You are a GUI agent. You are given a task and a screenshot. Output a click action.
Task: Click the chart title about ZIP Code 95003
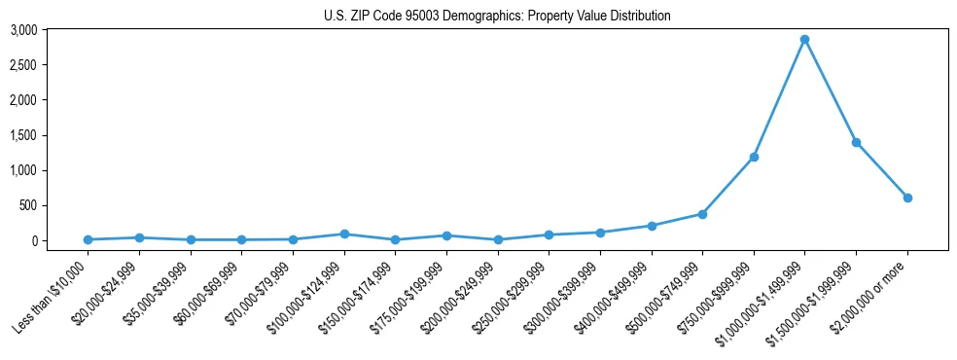pyautogui.click(x=497, y=16)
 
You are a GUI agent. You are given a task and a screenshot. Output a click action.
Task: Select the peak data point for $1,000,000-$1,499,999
pyautogui.click(x=804, y=40)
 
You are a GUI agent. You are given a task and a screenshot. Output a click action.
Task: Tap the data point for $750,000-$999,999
pyautogui.click(x=754, y=157)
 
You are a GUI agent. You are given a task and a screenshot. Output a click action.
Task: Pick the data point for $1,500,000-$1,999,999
pyautogui.click(x=856, y=142)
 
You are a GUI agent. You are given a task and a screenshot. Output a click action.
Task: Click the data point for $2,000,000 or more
pyautogui.click(x=907, y=198)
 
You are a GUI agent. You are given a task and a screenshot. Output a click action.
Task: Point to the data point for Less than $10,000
pyautogui.click(x=88, y=239)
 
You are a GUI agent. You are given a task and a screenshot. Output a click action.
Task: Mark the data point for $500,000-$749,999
pyautogui.click(x=702, y=214)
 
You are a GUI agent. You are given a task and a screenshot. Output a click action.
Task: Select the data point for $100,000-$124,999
pyautogui.click(x=344, y=234)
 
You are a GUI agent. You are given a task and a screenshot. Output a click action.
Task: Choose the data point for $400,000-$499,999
pyautogui.click(x=652, y=226)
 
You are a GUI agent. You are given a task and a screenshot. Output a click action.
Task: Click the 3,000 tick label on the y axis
pyautogui.click(x=23, y=30)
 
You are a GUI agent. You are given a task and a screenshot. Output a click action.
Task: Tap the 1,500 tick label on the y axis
pyautogui.click(x=23, y=135)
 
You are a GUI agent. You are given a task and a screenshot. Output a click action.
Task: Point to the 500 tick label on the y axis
pyautogui.click(x=27, y=205)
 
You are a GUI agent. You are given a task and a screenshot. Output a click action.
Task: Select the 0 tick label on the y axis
pyautogui.click(x=33, y=240)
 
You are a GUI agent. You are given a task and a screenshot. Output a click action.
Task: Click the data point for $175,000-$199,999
pyautogui.click(x=446, y=235)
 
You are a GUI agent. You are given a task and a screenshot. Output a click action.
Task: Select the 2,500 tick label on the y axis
pyautogui.click(x=23, y=65)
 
